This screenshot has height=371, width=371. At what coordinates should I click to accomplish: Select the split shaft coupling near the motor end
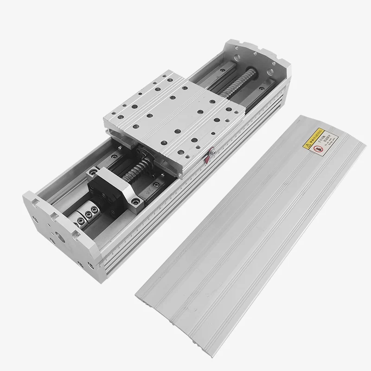tap(86, 215)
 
